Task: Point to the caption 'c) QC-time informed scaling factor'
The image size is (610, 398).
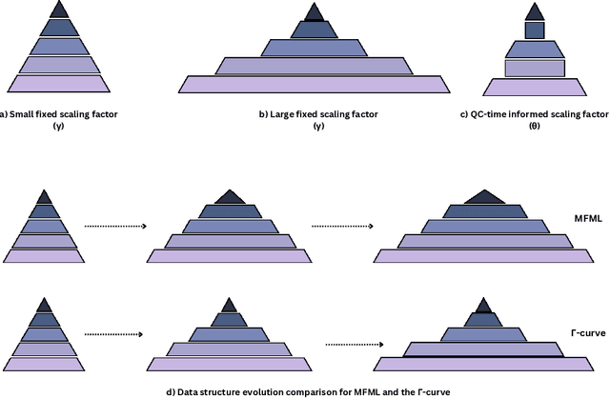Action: (x=535, y=114)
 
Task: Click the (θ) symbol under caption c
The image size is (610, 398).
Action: (x=535, y=126)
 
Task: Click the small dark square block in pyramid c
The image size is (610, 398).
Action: (x=535, y=30)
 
